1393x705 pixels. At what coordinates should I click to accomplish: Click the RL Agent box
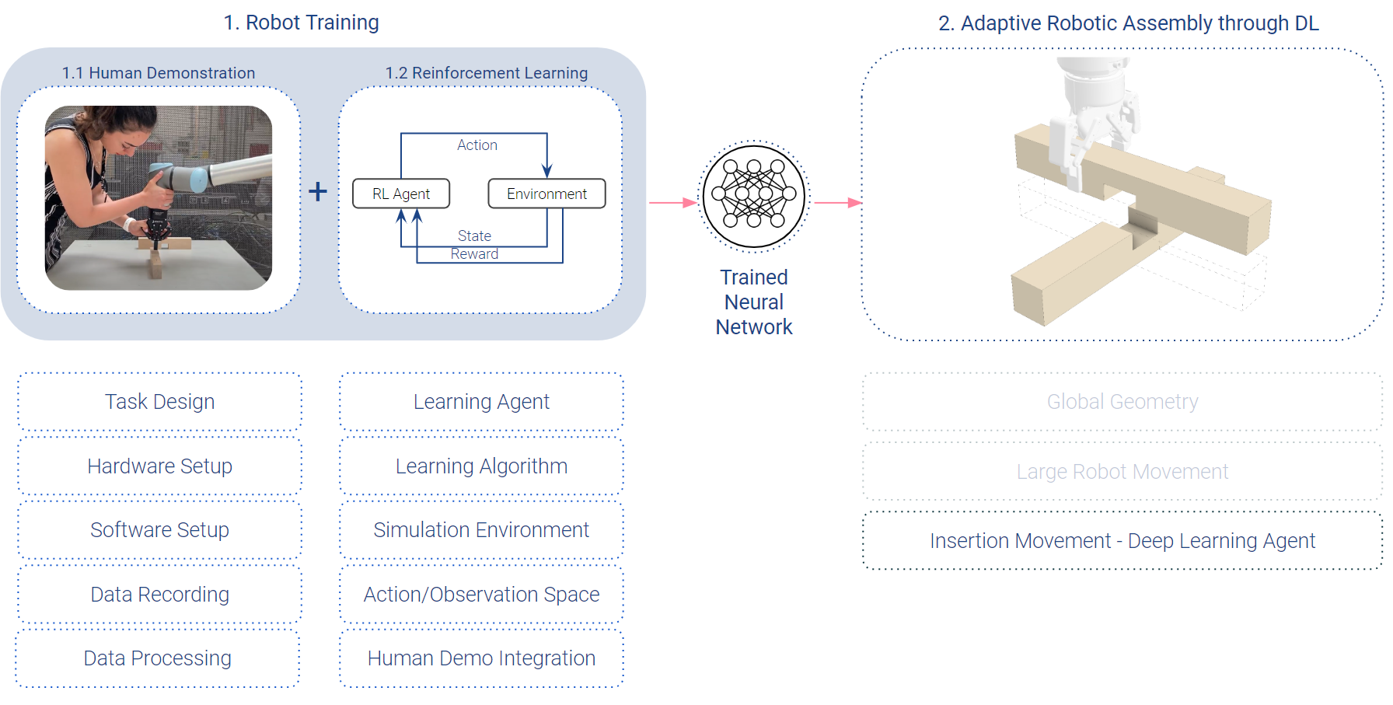[x=401, y=194]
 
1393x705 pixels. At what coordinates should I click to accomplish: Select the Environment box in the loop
[x=546, y=194]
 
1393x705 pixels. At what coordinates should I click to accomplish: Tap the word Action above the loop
[x=477, y=145]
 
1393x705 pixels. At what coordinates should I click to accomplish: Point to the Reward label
[x=474, y=254]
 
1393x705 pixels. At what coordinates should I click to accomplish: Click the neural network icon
[x=754, y=197]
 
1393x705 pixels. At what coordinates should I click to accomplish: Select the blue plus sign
[x=317, y=191]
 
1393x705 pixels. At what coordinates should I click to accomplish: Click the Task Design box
[x=159, y=402]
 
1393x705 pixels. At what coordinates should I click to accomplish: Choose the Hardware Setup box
[x=159, y=466]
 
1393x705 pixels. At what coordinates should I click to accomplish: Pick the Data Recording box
[x=159, y=595]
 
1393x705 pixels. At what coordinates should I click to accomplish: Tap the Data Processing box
[x=158, y=658]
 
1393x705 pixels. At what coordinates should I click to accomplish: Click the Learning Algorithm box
[x=481, y=466]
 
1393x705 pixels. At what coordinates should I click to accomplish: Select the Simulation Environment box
[x=481, y=530]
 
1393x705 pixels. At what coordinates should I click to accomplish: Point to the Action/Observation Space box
[x=481, y=595]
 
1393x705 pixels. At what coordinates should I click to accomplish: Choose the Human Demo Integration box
[x=481, y=658]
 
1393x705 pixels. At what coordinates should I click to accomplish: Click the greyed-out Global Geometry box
[x=1122, y=402]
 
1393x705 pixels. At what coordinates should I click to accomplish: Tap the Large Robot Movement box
[x=1122, y=472]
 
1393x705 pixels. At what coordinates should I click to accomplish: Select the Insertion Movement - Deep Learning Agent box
[x=1122, y=541]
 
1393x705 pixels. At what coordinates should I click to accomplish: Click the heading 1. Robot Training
[x=301, y=23]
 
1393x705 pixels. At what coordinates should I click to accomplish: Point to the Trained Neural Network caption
[x=754, y=302]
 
